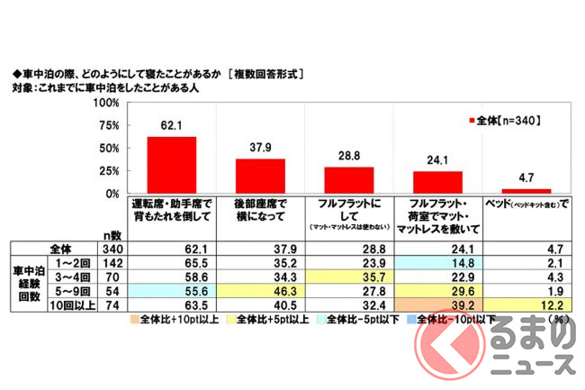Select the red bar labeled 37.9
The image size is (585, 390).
(260, 176)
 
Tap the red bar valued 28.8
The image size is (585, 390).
(347, 180)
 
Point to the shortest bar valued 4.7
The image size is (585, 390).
(526, 191)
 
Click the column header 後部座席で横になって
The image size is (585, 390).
(260, 210)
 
